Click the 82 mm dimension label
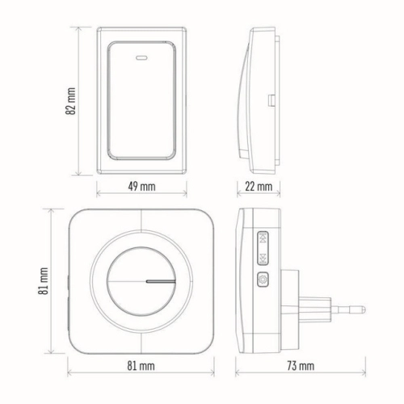coord(70,101)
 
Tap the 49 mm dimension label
coord(141,187)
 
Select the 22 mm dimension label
coord(259,187)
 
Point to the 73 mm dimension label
coord(301,366)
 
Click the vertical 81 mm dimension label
coord(44,281)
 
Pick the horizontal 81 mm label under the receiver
coord(141,366)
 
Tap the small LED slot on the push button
coord(141,57)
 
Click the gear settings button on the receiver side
coord(263,280)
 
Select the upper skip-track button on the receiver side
coord(263,238)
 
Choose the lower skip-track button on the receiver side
coord(263,258)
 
